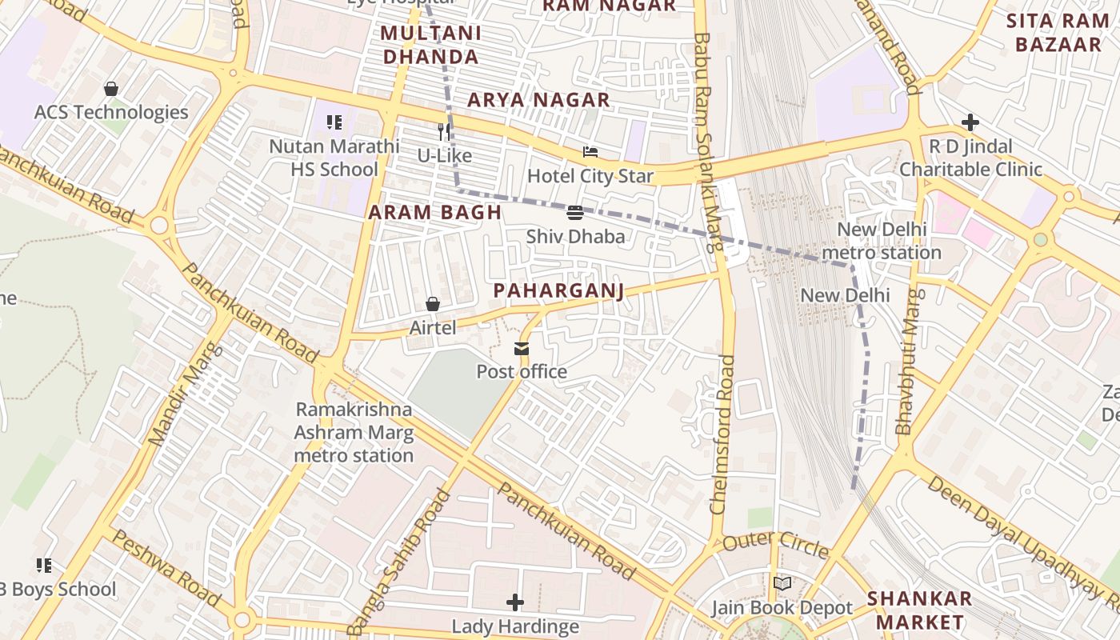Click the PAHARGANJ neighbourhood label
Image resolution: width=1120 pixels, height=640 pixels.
pos(558,290)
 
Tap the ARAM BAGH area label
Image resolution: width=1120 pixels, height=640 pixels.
pos(435,213)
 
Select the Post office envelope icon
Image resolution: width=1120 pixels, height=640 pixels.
pos(522,348)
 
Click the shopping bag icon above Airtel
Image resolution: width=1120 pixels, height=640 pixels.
pos(433,304)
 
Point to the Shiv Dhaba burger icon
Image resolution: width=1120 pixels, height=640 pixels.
pos(575,213)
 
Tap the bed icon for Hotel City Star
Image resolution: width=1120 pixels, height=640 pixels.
pos(590,152)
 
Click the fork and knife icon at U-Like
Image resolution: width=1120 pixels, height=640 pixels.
pos(444,131)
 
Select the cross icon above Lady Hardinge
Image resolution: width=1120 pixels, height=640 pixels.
pos(515,602)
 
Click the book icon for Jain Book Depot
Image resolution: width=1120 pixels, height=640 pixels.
pos(782,584)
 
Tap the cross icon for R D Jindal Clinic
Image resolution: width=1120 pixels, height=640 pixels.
pos(970,122)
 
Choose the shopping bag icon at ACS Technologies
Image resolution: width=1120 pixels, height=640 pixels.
pos(111,88)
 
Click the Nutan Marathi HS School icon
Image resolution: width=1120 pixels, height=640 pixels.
pos(334,122)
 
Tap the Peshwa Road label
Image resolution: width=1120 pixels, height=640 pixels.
pos(164,567)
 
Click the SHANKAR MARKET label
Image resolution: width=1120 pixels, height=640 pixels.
pos(920,610)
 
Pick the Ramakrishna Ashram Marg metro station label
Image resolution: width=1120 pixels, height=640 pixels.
pos(354,433)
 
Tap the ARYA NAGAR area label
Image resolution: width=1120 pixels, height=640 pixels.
pos(538,100)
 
